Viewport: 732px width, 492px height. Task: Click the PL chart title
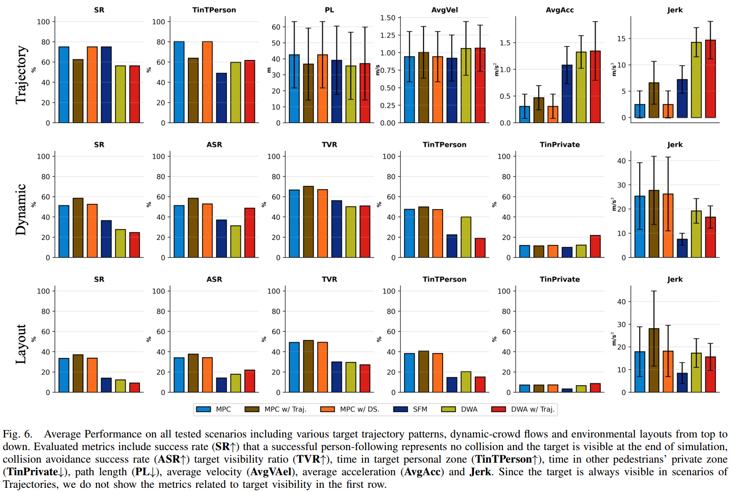(329, 10)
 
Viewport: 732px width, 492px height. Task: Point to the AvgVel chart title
(445, 10)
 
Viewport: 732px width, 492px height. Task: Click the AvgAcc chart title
(560, 10)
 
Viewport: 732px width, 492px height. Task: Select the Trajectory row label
(21, 75)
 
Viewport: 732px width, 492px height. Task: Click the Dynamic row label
(21, 210)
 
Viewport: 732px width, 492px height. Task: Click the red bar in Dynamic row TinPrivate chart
(595, 246)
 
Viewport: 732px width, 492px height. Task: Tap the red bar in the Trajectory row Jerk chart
(710, 79)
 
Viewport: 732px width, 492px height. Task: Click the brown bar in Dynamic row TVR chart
(308, 222)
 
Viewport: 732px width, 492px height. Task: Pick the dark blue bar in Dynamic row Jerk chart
(682, 248)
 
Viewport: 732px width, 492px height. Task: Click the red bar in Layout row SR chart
(135, 388)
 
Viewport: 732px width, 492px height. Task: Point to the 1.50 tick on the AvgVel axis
(388, 18)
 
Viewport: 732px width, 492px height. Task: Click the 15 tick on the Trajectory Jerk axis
(621, 39)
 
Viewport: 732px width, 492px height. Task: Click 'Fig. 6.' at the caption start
(18, 434)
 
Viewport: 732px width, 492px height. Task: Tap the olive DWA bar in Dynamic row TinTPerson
(466, 237)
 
